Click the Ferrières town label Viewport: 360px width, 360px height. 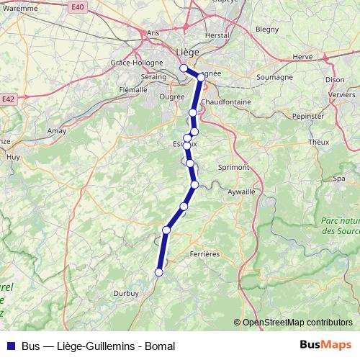tap(204, 253)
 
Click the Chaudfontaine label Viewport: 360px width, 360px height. tap(226, 102)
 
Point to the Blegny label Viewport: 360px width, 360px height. tap(266, 30)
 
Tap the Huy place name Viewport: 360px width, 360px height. tap(12, 156)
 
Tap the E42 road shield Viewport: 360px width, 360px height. tap(9, 99)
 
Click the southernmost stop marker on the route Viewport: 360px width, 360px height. tap(159, 272)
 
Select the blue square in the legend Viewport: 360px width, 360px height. tap(10, 346)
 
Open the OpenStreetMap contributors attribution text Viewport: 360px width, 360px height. tap(297, 323)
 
